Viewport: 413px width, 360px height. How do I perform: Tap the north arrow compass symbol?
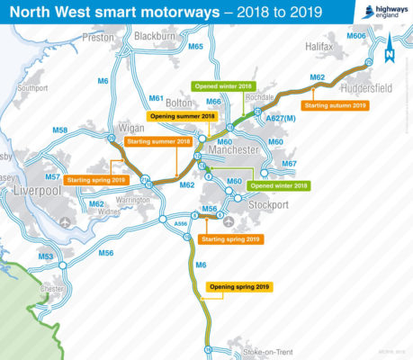[x=390, y=56]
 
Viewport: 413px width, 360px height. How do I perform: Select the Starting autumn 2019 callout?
[x=336, y=105]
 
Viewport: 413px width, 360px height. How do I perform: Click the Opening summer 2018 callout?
[x=183, y=117]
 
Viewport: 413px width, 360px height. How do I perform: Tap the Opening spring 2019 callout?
[x=239, y=286]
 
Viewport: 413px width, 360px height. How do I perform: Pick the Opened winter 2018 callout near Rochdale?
[x=222, y=85]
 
